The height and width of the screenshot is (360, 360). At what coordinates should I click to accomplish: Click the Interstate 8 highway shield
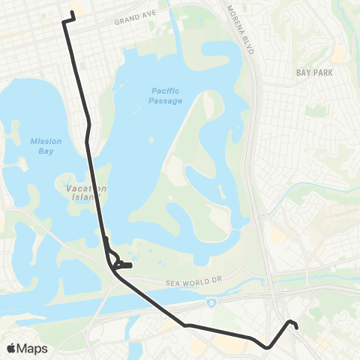tap(208, 301)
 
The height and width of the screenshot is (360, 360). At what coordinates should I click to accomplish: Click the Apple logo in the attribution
tap(11, 348)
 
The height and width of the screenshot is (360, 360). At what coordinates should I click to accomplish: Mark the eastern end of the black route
tap(298, 327)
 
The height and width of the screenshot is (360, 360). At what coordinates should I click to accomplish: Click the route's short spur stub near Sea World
tap(128, 265)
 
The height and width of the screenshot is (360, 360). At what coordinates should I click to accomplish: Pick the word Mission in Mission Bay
tap(46, 140)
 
